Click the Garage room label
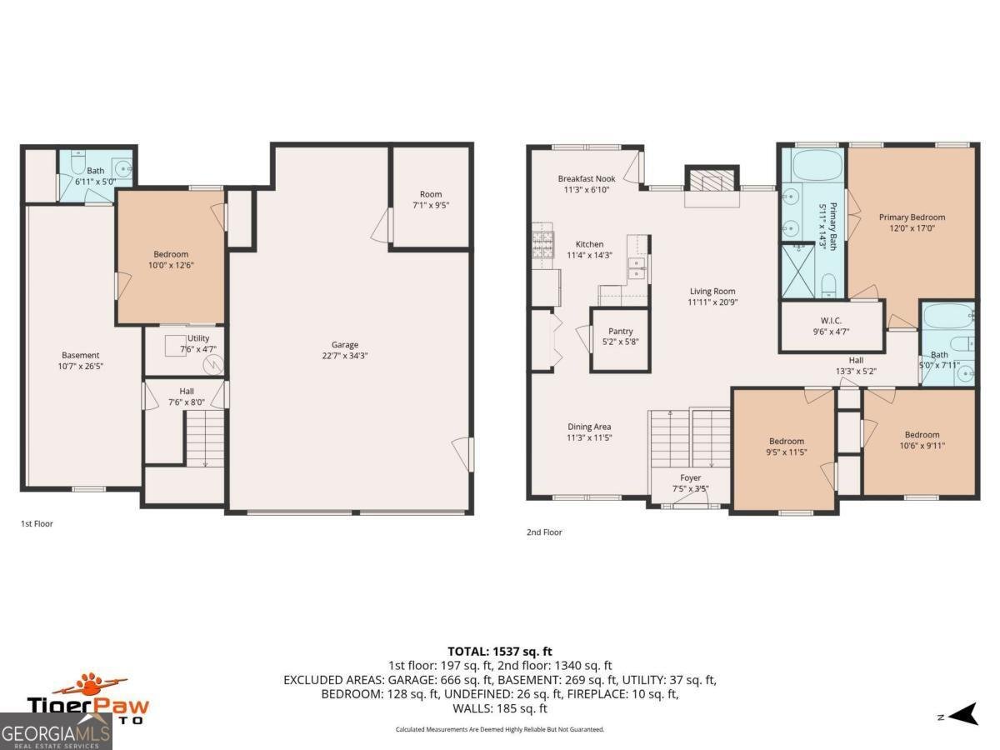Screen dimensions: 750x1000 pyautogui.click(x=344, y=344)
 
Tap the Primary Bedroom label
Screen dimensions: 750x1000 pyautogui.click(x=912, y=217)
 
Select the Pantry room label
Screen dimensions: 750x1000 pyautogui.click(x=620, y=332)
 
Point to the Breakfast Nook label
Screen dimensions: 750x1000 pyautogui.click(x=587, y=178)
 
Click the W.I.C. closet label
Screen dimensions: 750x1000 pyautogui.click(x=830, y=320)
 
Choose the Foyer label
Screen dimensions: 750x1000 pyautogui.click(x=690, y=477)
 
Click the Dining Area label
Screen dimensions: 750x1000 pyautogui.click(x=589, y=427)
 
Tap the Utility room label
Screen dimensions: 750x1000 pyautogui.click(x=198, y=337)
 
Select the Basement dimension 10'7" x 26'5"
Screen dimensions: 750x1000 pyautogui.click(x=81, y=366)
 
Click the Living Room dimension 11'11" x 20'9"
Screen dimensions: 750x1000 pyautogui.click(x=712, y=302)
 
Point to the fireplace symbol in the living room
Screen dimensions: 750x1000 pyautogui.click(x=711, y=182)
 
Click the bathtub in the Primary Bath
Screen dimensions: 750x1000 pyautogui.click(x=814, y=165)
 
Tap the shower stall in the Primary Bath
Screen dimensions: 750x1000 pyautogui.click(x=797, y=270)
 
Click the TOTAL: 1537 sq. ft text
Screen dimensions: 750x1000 pyautogui.click(x=499, y=651)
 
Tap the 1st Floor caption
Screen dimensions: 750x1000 pyautogui.click(x=37, y=524)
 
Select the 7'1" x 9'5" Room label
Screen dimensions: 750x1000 pyautogui.click(x=431, y=199)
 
